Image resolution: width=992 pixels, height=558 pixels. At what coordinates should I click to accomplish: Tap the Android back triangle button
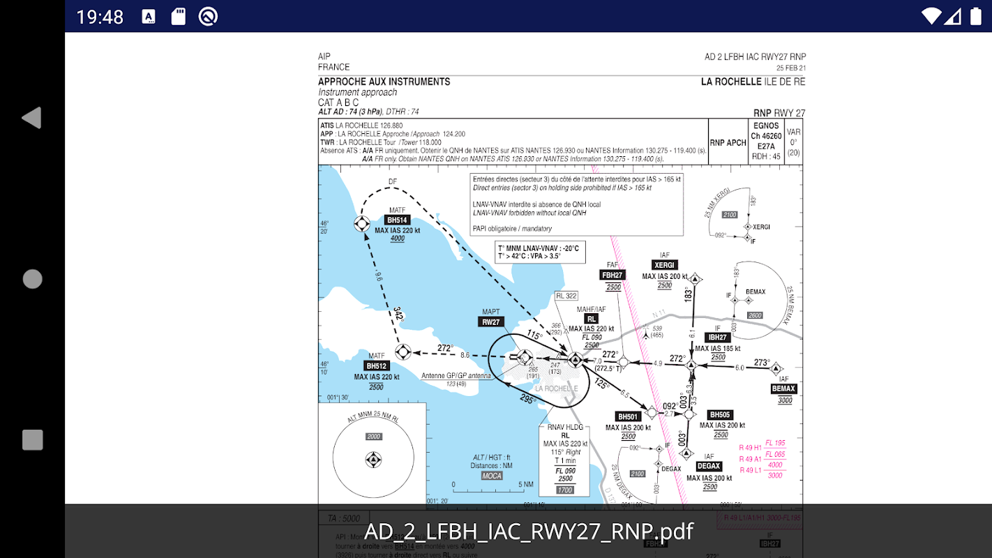coord(32,118)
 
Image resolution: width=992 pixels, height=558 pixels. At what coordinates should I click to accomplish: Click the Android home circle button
coord(32,279)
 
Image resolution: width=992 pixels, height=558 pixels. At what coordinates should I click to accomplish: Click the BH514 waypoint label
coord(397,220)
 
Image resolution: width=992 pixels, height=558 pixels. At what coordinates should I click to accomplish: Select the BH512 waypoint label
coord(376,365)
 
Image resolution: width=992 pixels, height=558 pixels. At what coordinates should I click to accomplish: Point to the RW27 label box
coord(491,322)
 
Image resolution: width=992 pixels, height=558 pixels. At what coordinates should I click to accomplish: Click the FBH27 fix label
coord(613,275)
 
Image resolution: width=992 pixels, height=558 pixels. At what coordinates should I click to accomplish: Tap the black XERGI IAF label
coord(664,265)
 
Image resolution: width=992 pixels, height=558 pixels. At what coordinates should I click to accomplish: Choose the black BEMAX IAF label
coord(784,389)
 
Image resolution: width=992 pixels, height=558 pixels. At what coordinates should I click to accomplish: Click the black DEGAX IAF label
coord(709,466)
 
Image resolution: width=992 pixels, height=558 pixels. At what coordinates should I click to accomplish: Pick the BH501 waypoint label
coord(628,417)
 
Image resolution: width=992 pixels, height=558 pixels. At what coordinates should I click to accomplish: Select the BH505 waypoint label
coord(720,415)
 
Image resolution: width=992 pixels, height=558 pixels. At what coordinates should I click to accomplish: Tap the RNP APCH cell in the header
coord(728,142)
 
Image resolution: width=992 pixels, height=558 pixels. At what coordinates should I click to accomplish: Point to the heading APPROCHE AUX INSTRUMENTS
coord(384,82)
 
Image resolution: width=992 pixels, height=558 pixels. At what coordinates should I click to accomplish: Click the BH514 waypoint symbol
coord(361,223)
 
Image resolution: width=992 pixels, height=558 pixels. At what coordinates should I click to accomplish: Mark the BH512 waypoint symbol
coord(403,352)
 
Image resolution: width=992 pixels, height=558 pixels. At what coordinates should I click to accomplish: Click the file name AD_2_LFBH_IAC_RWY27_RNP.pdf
coord(528,531)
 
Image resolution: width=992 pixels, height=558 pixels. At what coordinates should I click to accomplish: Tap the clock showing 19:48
coord(100,17)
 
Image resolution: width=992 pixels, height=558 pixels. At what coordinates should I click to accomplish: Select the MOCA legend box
coord(492,476)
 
